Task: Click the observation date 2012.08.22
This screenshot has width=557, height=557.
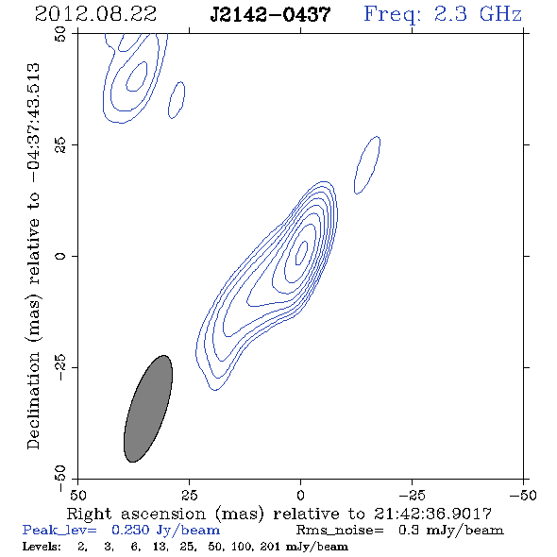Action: pyautogui.click(x=95, y=14)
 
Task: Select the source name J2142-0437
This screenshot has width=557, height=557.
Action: pyautogui.click(x=270, y=14)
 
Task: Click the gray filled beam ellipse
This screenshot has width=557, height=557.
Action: pyautogui.click(x=148, y=409)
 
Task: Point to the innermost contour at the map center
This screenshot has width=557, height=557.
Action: pyautogui.click(x=302, y=253)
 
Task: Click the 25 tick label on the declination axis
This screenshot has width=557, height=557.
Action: pyautogui.click(x=60, y=145)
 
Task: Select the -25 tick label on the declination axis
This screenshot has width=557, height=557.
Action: pyautogui.click(x=60, y=367)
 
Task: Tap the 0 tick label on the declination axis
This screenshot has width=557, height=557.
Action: pyautogui.click(x=60, y=256)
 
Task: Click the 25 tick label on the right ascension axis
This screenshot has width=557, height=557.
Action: pyautogui.click(x=189, y=495)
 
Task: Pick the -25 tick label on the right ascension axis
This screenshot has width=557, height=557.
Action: pyautogui.click(x=412, y=495)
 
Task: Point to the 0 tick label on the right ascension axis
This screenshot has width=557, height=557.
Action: pyautogui.click(x=300, y=495)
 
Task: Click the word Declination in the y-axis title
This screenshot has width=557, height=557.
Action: pyautogui.click(x=33, y=400)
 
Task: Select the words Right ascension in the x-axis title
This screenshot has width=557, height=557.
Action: pyautogui.click(x=136, y=514)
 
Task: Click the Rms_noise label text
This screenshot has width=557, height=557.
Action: pyautogui.click(x=340, y=530)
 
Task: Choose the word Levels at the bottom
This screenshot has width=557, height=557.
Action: pyautogui.click(x=42, y=547)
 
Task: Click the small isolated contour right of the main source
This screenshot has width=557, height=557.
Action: pyautogui.click(x=367, y=165)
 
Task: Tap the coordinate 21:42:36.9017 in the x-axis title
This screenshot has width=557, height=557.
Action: pyautogui.click(x=432, y=514)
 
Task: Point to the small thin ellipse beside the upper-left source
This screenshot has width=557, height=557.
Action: pyautogui.click(x=177, y=100)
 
